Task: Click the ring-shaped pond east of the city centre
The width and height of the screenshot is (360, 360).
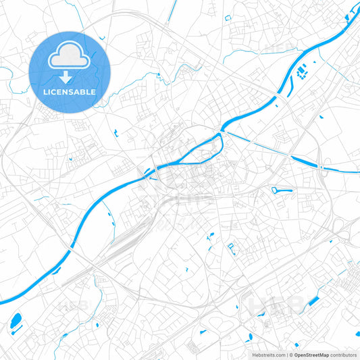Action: click(282, 191)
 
